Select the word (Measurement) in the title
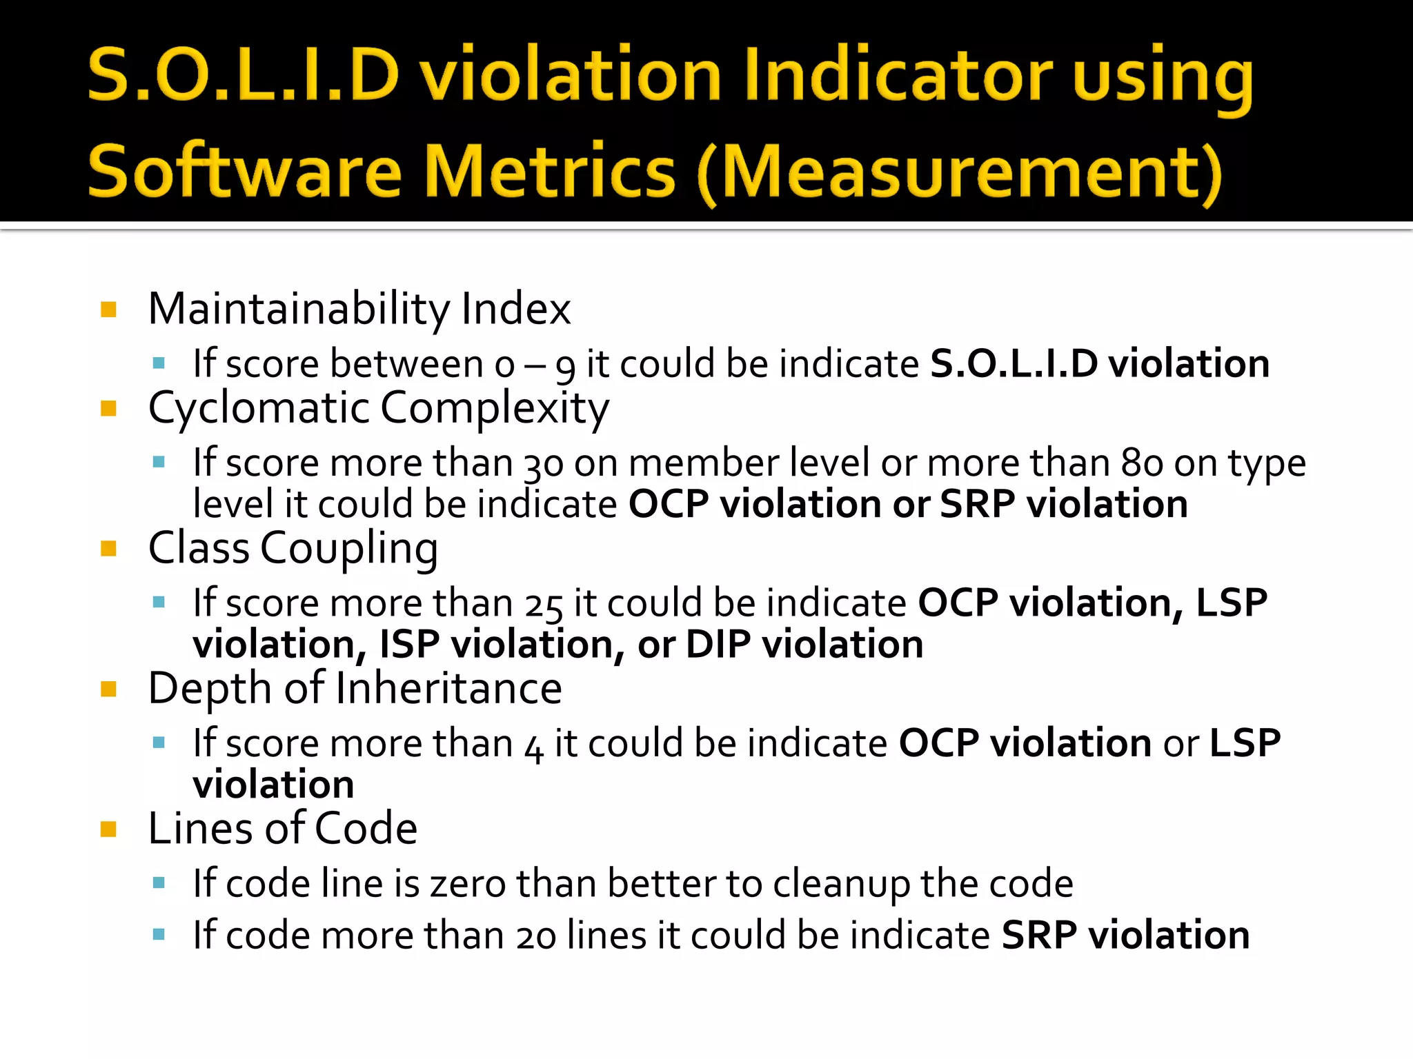pos(960,172)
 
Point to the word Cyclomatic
pos(259,407)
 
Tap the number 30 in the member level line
pos(544,464)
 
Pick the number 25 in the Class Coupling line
pos(544,605)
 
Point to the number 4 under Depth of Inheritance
pos(533,746)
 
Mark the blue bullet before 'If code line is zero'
pos(159,882)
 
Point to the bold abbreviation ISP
pos(409,645)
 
